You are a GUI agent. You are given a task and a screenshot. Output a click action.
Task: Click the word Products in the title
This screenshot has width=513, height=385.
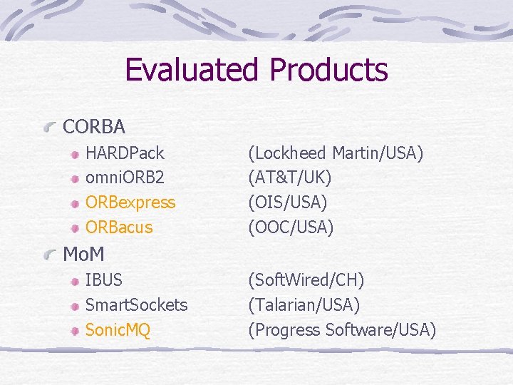tap(328, 70)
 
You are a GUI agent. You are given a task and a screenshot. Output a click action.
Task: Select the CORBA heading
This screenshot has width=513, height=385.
tap(94, 127)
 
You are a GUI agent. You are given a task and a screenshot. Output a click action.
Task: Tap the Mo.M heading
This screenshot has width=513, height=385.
tap(84, 254)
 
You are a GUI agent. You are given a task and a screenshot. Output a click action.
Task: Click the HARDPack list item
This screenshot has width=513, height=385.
tap(125, 153)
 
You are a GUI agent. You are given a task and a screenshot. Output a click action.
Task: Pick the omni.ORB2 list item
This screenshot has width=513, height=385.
tap(125, 178)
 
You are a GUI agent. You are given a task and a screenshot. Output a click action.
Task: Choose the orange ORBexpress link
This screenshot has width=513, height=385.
tap(130, 202)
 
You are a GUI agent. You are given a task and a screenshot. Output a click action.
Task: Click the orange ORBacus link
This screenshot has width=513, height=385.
tap(119, 227)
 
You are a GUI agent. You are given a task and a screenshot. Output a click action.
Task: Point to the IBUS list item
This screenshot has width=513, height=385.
tap(104, 280)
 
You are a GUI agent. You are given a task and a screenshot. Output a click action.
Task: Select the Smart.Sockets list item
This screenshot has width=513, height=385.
tap(136, 305)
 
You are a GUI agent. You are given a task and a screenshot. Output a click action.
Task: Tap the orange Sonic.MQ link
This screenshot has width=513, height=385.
tap(118, 330)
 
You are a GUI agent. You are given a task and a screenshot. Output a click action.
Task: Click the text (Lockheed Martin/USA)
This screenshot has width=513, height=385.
tap(335, 153)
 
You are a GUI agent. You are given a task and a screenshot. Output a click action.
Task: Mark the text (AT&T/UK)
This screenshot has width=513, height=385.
tap(289, 178)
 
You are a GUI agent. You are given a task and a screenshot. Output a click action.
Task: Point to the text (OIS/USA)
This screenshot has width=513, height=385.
tap(287, 202)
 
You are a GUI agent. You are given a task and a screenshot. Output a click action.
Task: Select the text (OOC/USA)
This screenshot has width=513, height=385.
tap(291, 227)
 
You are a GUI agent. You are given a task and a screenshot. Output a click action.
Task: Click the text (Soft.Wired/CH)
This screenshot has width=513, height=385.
tap(306, 280)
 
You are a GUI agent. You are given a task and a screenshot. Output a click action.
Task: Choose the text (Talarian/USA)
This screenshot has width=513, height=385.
tap(304, 305)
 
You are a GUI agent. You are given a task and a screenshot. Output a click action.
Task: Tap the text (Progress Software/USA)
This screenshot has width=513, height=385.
tap(341, 330)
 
